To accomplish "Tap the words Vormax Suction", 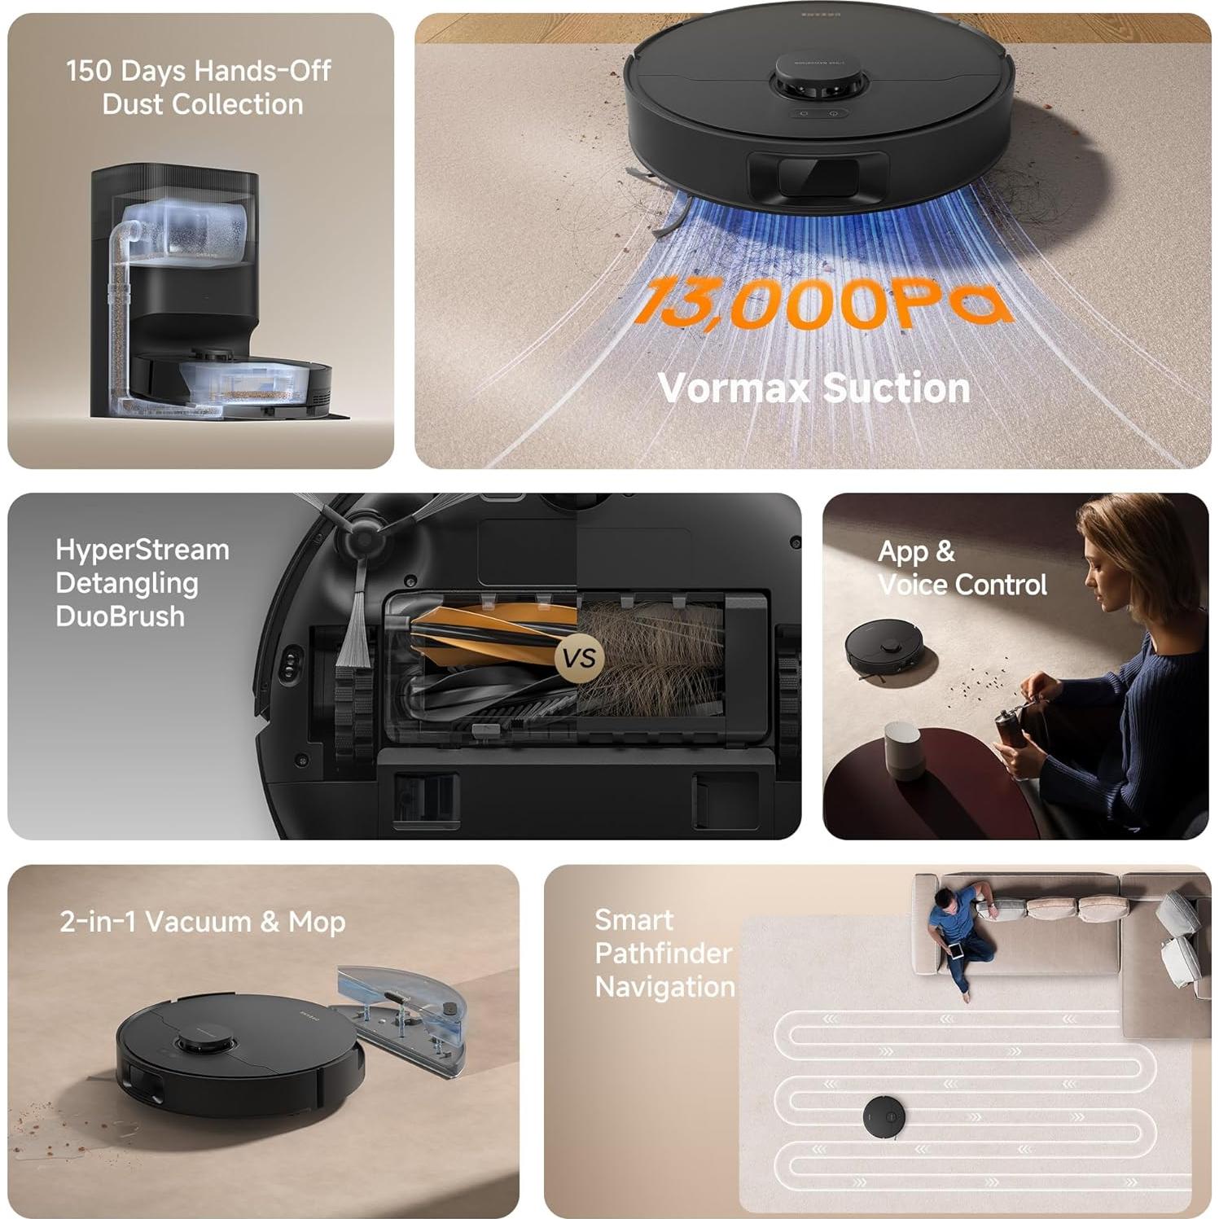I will click(x=813, y=388).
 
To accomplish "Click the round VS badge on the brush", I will click(x=579, y=657).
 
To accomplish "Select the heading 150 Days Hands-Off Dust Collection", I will click(x=199, y=87).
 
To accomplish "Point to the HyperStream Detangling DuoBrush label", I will click(x=142, y=583).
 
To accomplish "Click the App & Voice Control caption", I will click(x=961, y=568).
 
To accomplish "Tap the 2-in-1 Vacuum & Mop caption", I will click(x=203, y=922).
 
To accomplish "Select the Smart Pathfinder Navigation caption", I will click(x=664, y=954).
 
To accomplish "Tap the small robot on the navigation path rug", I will click(x=885, y=1117).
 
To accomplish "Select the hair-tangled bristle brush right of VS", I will click(x=651, y=660).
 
